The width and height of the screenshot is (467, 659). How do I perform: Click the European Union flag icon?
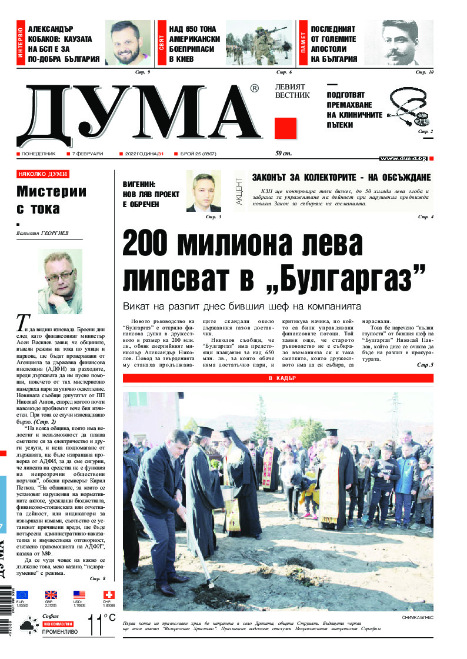(22, 595)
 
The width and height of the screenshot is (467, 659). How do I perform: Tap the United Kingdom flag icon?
(51, 595)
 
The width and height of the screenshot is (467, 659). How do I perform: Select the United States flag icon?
(79, 595)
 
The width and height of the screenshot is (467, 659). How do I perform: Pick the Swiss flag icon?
(109, 595)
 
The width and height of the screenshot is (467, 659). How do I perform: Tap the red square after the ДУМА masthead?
(285, 128)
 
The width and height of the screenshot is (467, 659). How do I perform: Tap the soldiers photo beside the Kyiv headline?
(259, 43)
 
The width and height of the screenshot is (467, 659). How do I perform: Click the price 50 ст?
(283, 154)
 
